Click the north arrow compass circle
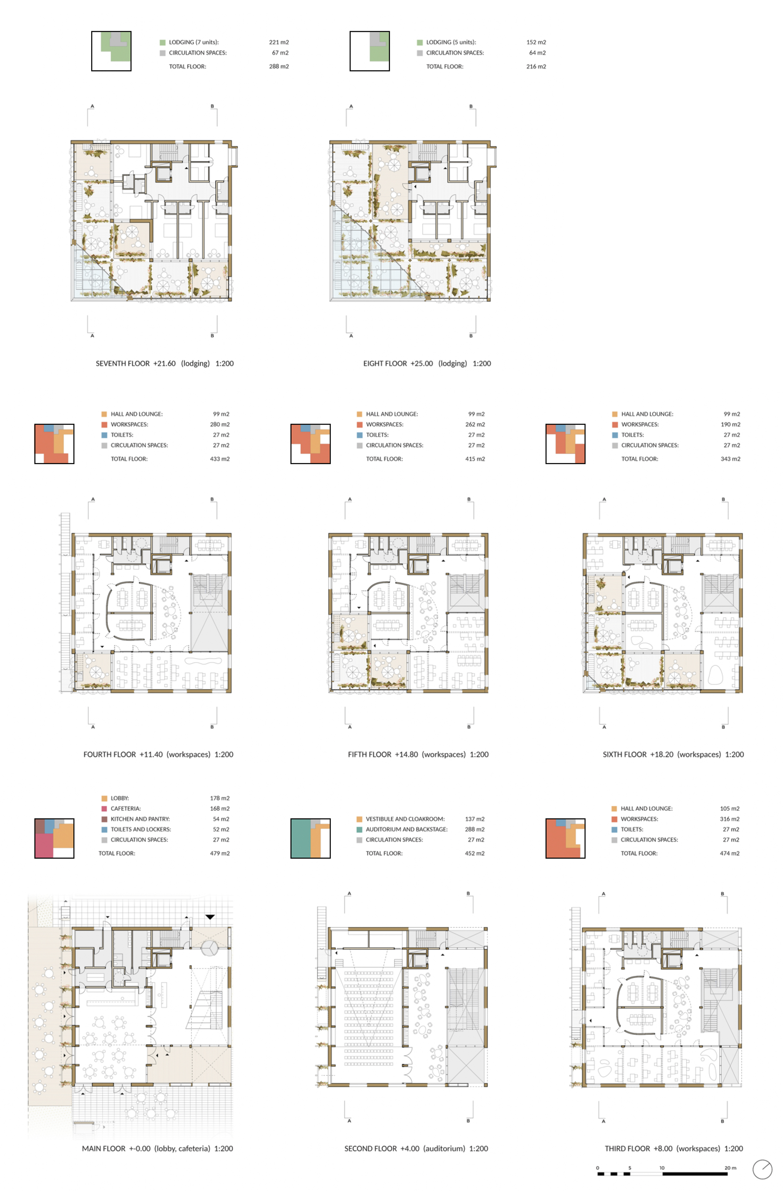[x=762, y=1169]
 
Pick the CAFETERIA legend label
[x=125, y=808]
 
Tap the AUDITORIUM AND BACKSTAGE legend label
[x=406, y=829]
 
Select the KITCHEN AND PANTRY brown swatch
[x=104, y=819]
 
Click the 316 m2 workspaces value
[x=729, y=819]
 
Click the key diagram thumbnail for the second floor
[x=310, y=838]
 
